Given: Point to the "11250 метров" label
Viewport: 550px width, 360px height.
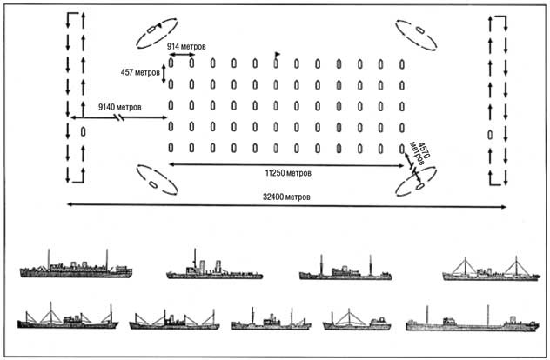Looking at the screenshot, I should coord(289,172).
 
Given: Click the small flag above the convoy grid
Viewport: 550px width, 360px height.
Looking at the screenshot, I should coord(278,56).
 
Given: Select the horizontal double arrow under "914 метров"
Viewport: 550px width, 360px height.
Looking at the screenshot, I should coord(181,55).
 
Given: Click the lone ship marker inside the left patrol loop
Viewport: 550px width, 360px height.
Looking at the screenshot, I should coord(82,132).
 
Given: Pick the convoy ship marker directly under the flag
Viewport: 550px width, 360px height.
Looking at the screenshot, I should coord(276,64).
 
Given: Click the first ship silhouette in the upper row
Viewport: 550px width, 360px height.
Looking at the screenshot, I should coord(76,267).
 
